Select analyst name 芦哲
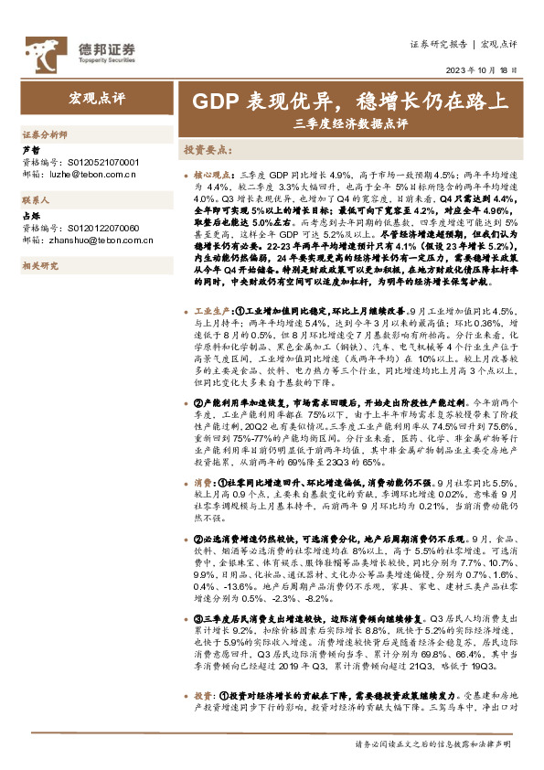(x=30, y=148)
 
